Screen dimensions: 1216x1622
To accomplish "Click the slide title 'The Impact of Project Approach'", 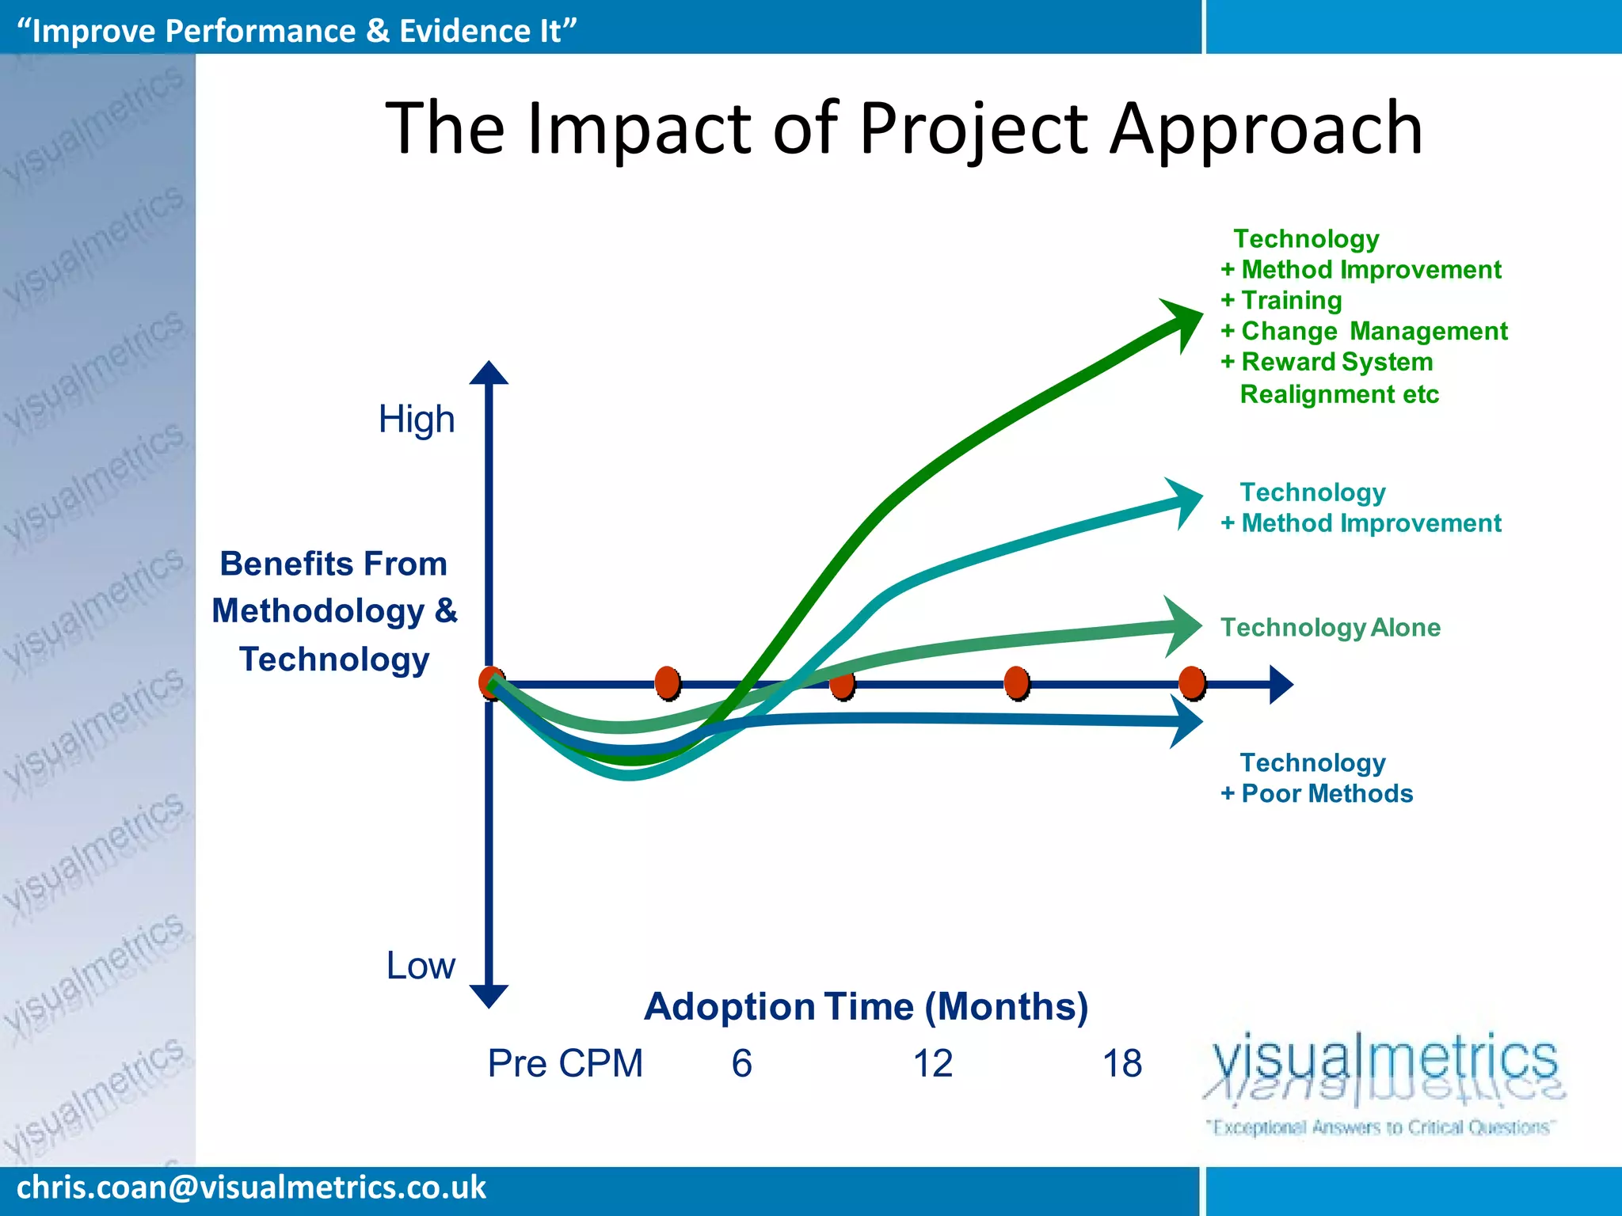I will coord(904,128).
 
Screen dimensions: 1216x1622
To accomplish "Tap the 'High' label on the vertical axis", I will coord(417,419).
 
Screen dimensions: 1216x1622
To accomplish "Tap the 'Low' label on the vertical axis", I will coord(421,965).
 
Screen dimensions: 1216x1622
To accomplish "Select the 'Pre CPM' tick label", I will coord(565,1063).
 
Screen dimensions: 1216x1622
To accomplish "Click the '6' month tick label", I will coord(741,1063).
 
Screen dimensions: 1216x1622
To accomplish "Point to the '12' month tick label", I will coord(932,1063).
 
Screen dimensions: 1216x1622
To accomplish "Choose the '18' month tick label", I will coord(1121,1063).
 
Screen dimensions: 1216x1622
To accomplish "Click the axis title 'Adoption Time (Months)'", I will coord(866,1006).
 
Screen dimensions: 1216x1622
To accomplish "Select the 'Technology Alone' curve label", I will coord(1330,627).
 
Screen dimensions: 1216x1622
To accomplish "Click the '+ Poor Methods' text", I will coord(1316,793).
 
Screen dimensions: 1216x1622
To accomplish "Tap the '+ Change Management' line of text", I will coord(1364,331).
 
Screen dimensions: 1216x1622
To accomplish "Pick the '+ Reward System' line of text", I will coord(1327,362).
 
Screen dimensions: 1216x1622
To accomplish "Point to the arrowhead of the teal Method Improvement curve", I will coord(1186,502).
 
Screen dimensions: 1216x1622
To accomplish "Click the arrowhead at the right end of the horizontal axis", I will coord(1280,684).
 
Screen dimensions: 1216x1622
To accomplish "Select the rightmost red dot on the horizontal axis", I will coord(1191,682).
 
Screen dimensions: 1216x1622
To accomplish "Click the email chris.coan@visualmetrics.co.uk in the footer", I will coord(251,1187).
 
